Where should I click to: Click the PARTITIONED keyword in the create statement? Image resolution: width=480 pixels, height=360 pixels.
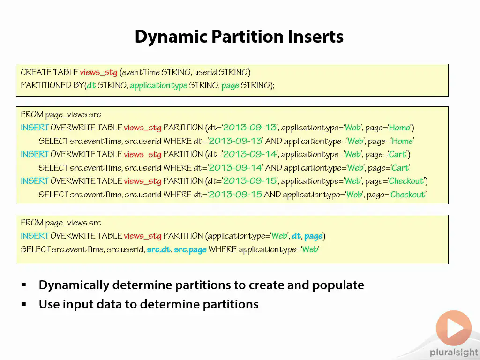click(x=46, y=85)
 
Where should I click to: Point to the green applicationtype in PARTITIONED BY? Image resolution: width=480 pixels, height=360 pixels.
click(x=158, y=85)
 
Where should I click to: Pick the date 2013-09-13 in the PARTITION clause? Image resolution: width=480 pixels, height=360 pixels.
click(x=249, y=127)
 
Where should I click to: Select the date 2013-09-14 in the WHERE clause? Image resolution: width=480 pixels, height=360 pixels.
click(x=235, y=167)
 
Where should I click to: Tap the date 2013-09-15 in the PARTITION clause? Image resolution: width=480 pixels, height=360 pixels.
click(x=249, y=181)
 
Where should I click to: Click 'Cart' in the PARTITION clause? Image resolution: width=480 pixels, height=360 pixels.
click(x=397, y=154)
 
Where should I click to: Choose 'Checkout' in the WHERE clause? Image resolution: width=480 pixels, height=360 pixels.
click(x=408, y=195)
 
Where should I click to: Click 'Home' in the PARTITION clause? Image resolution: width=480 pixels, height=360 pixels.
click(x=399, y=127)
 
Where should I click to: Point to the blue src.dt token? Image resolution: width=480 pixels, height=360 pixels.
click(x=158, y=249)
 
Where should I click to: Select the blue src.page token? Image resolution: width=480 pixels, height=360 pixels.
click(x=190, y=250)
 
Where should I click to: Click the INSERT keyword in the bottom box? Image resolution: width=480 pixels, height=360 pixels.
click(x=35, y=236)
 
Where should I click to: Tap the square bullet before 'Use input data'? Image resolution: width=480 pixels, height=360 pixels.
click(x=24, y=304)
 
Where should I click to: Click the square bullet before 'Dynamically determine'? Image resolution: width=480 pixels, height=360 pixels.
click(x=24, y=285)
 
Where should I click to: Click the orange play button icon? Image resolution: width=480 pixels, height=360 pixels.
click(x=454, y=328)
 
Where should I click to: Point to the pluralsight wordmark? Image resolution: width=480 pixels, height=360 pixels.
click(x=454, y=352)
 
